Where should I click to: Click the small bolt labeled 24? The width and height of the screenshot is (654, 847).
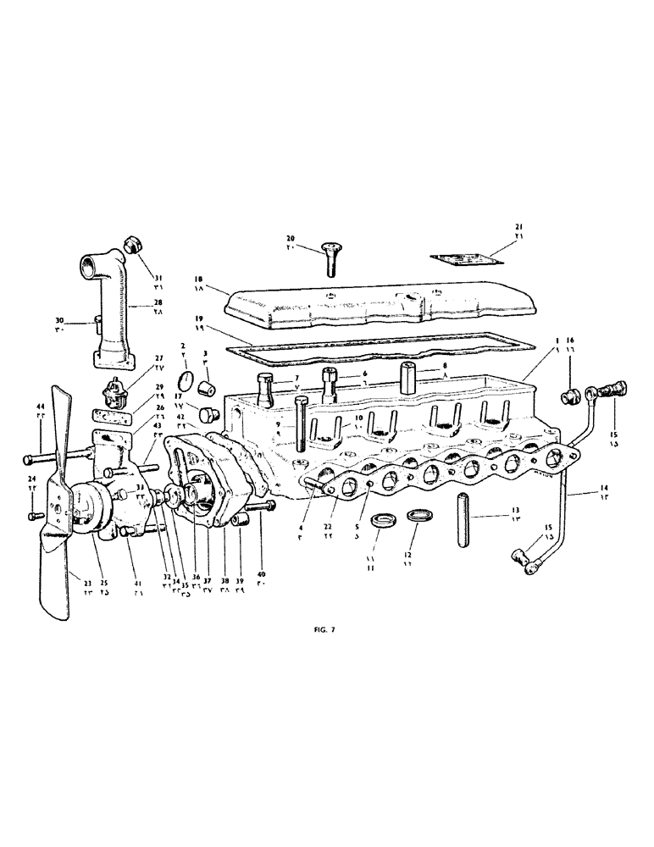coord(33,515)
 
